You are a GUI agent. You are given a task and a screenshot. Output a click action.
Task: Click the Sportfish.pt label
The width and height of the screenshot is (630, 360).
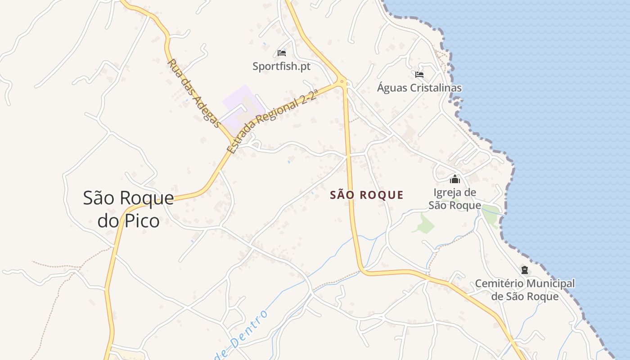pos(281,67)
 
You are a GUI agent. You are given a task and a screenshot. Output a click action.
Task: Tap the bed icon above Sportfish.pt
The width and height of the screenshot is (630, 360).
pos(282,53)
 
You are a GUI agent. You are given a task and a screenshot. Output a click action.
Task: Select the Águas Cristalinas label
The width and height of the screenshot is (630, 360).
pos(419,88)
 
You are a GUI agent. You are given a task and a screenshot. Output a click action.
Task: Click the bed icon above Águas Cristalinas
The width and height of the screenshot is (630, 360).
pos(419,75)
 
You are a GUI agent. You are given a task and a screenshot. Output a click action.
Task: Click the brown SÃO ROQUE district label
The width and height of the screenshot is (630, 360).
pos(367,195)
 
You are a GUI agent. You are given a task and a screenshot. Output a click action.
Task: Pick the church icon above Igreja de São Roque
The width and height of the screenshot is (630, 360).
pos(455,180)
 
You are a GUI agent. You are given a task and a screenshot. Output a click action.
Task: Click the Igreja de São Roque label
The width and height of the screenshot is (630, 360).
pos(454,199)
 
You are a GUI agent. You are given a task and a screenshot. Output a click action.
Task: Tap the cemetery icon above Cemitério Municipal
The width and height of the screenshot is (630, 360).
pos(524,270)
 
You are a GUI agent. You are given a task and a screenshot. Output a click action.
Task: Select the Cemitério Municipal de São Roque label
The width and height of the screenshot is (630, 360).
pos(525,290)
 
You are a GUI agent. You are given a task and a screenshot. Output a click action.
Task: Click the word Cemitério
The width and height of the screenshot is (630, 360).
pos(499,284)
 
